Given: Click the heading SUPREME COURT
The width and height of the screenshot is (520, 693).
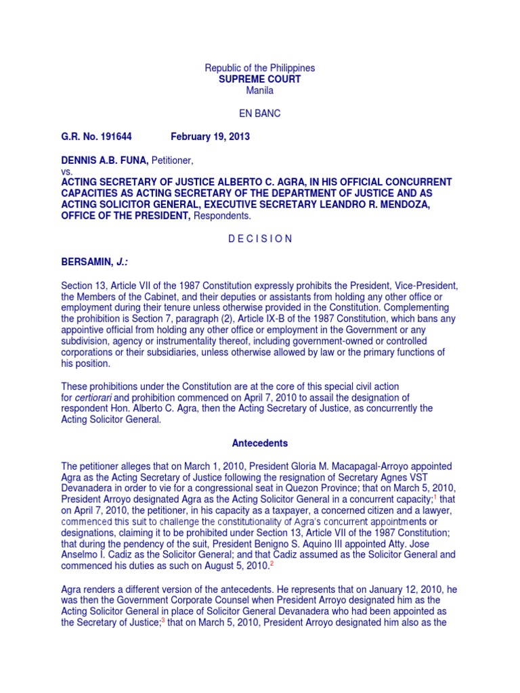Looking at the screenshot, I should click(260, 80).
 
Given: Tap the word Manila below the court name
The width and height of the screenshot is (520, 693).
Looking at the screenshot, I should click(260, 91).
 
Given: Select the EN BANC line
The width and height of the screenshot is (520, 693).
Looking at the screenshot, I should click(260, 114).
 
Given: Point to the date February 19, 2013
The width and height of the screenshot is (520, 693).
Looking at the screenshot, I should click(210, 137).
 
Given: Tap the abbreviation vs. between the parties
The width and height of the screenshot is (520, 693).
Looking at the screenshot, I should click(66, 171).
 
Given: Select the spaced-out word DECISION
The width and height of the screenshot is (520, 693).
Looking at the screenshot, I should click(260, 239).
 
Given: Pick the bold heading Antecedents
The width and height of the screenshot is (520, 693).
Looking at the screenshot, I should click(260, 443).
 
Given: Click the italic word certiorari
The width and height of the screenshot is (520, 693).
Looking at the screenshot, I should click(96, 397).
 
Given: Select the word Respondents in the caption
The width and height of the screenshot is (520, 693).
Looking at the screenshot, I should click(221, 216).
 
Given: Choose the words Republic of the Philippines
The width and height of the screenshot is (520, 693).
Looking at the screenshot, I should click(260, 68).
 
